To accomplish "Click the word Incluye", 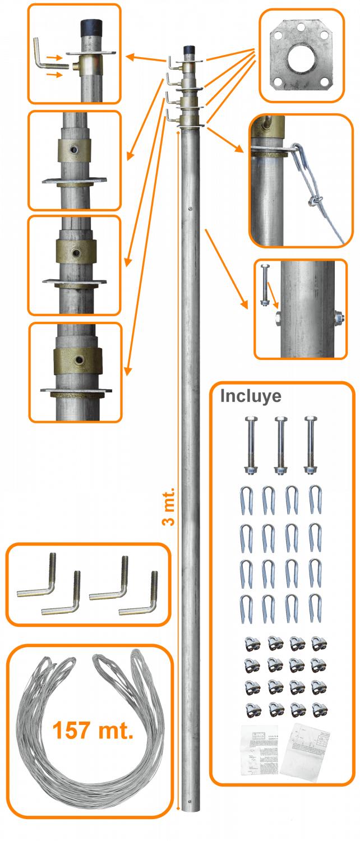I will click(251, 396).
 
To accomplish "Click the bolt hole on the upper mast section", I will click(191, 210).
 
